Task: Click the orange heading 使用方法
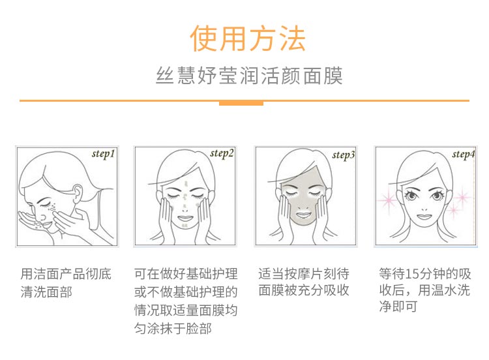[x=247, y=38]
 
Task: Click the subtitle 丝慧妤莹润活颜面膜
[x=248, y=75]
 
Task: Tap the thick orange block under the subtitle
[x=241, y=103]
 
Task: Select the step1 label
[x=102, y=155]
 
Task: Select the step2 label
[x=222, y=154]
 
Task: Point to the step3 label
[x=343, y=155]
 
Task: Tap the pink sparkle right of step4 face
[x=463, y=196]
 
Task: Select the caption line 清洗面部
[x=46, y=292]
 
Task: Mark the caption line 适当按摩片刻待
[x=304, y=273]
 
